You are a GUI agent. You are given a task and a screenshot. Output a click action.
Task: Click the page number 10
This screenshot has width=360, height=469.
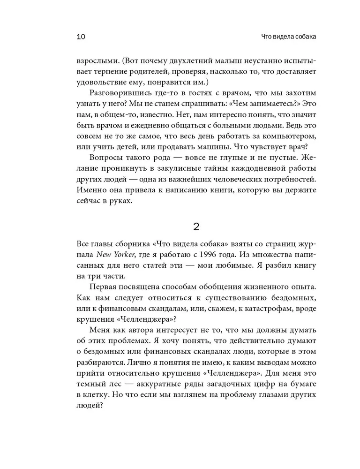pyautogui.click(x=80, y=37)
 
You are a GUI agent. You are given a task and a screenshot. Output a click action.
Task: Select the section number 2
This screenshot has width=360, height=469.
pyautogui.click(x=197, y=227)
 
